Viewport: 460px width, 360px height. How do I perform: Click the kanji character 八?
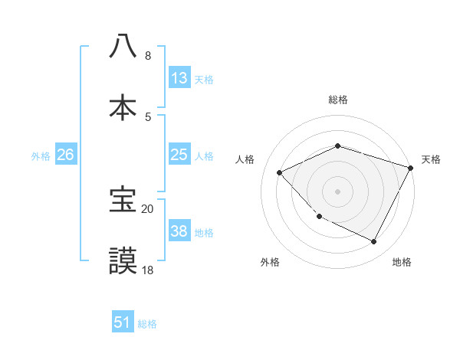click(123, 45)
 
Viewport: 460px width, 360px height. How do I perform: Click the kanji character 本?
click(123, 106)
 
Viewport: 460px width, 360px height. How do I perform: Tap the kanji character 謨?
click(123, 260)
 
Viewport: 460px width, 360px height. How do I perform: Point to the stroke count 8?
click(148, 56)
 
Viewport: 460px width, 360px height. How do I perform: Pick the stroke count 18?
click(148, 270)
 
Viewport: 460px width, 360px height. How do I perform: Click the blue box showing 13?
click(179, 78)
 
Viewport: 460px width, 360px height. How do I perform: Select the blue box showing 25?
click(179, 155)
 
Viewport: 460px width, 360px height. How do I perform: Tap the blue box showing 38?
click(179, 231)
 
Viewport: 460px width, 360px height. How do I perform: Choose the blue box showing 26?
click(65, 155)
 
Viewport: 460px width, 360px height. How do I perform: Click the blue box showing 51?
click(123, 322)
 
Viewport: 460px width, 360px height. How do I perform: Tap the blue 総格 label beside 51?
click(147, 324)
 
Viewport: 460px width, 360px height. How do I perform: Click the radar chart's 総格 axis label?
click(337, 100)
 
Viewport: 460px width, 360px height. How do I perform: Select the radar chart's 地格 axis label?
click(402, 262)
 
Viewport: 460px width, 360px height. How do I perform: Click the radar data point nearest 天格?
click(410, 168)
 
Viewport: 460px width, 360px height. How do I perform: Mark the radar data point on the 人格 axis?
click(280, 172)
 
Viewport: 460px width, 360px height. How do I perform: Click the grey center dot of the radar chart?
click(337, 191)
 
